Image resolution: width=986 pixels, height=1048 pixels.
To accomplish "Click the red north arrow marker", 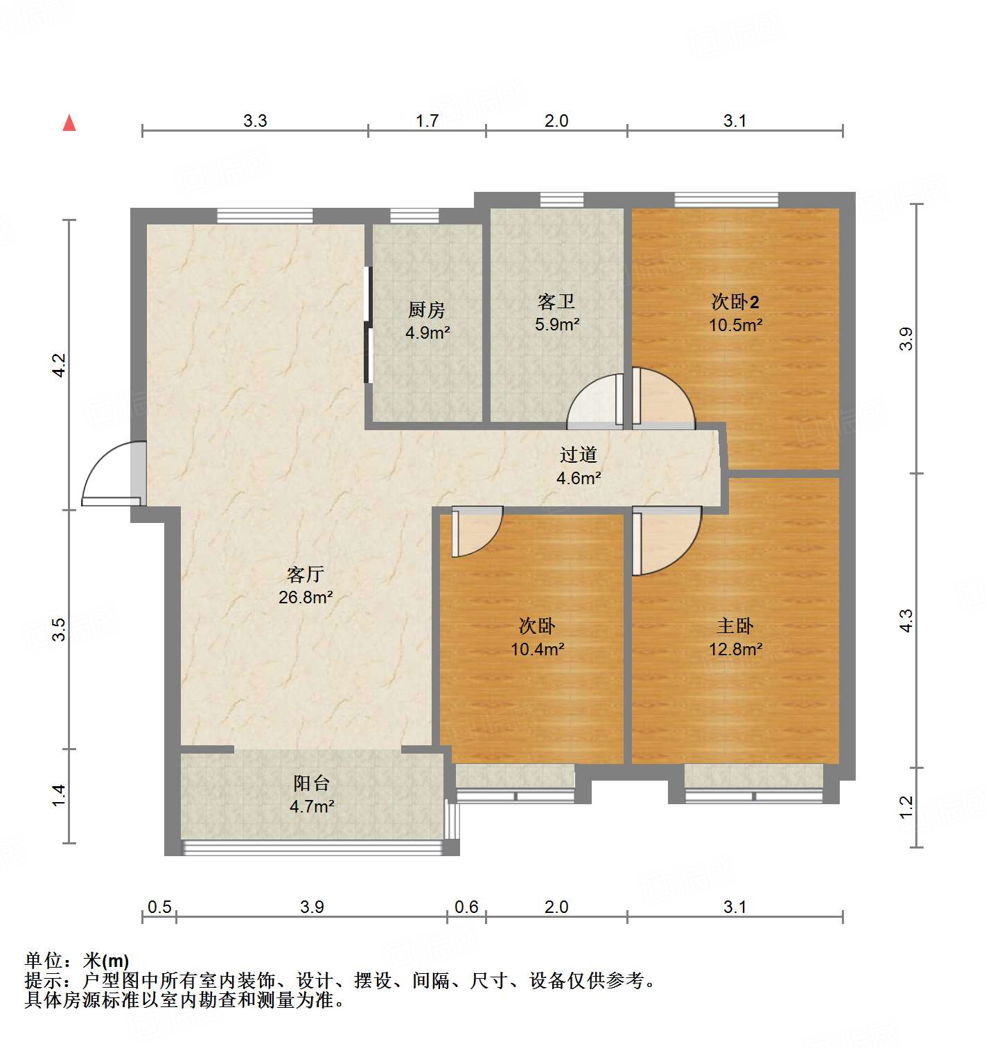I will (69, 123).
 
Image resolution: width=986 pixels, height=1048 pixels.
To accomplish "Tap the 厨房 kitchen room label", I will (426, 310).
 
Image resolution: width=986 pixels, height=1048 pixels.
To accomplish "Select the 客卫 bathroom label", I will (556, 302).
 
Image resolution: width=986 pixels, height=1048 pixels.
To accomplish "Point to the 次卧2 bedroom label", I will (735, 302).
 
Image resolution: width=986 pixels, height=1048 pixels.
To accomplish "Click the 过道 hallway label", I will (579, 454).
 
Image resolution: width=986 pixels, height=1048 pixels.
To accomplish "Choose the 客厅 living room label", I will (306, 574).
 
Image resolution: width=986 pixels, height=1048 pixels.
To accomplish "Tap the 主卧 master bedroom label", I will (735, 626).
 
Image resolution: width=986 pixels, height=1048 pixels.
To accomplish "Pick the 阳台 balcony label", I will (311, 783).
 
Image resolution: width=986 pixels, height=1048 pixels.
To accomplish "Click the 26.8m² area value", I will (306, 597).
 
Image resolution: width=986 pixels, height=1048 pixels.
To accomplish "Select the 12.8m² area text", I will (735, 649).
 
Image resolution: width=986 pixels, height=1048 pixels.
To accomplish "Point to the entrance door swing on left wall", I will (111, 474).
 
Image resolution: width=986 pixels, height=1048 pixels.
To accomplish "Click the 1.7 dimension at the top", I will (427, 121).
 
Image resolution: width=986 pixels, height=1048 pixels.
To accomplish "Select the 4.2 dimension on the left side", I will (60, 365).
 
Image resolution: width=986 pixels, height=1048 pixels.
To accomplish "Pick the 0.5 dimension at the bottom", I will (159, 907).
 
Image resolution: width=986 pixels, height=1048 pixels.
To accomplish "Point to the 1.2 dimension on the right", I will (906, 807).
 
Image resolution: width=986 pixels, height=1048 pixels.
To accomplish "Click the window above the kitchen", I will (414, 216).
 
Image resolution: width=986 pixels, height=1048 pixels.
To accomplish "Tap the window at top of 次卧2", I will (726, 200).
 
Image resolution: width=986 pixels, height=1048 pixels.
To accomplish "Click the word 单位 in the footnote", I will (44, 960).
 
